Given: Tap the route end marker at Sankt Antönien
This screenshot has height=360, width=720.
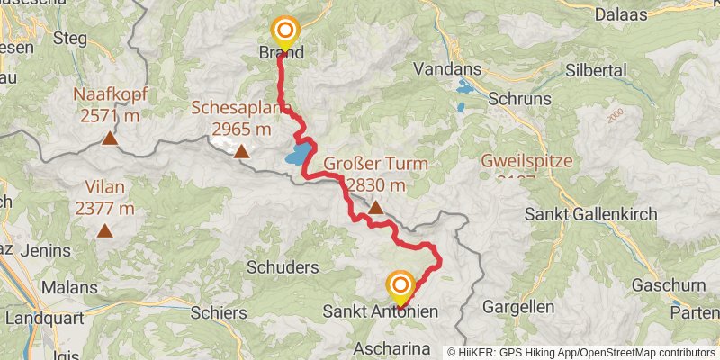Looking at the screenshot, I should click(400, 286).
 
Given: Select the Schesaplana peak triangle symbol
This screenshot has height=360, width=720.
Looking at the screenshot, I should click(241, 151).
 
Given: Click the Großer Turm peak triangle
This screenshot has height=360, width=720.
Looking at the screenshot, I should click(375, 210).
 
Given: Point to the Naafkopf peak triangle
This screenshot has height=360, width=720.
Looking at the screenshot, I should click(109, 138).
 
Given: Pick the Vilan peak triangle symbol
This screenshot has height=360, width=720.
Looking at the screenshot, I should click(105, 231).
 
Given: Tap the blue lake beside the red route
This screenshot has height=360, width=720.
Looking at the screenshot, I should click(301, 154).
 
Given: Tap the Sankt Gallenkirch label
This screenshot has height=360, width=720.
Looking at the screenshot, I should click(591, 215).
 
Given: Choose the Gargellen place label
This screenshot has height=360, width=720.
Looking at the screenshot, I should click(518, 306).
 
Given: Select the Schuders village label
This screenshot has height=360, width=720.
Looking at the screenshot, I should click(283, 267).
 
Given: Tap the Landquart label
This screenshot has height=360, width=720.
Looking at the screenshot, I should click(44, 319).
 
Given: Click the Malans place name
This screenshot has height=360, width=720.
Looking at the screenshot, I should click(69, 287).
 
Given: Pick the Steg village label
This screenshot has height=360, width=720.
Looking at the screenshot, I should click(70, 38).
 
